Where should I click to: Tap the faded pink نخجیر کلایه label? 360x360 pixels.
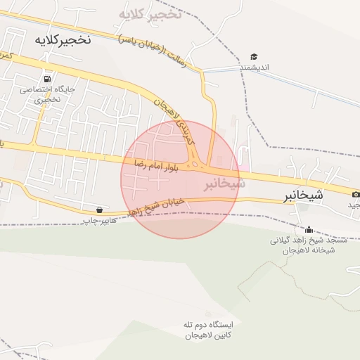tap(150, 14)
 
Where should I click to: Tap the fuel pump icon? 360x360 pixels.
tap(47, 79)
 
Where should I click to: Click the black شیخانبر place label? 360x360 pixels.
tap(304, 195)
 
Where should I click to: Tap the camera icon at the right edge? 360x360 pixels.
tap(356, 194)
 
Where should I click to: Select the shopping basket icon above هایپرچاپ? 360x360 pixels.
tap(99, 210)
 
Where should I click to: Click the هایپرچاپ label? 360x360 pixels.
tap(98, 220)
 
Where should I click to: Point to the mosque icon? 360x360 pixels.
tap(309, 229)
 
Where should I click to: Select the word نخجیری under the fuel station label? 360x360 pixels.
tap(48, 100)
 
